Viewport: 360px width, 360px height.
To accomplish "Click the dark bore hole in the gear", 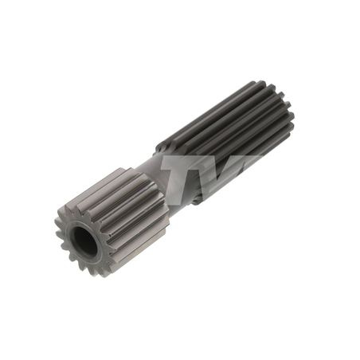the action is click(x=85, y=241).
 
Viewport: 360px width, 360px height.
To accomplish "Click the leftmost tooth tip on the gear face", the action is click(x=57, y=221).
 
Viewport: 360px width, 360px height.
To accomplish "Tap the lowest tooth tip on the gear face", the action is click(x=104, y=276).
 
